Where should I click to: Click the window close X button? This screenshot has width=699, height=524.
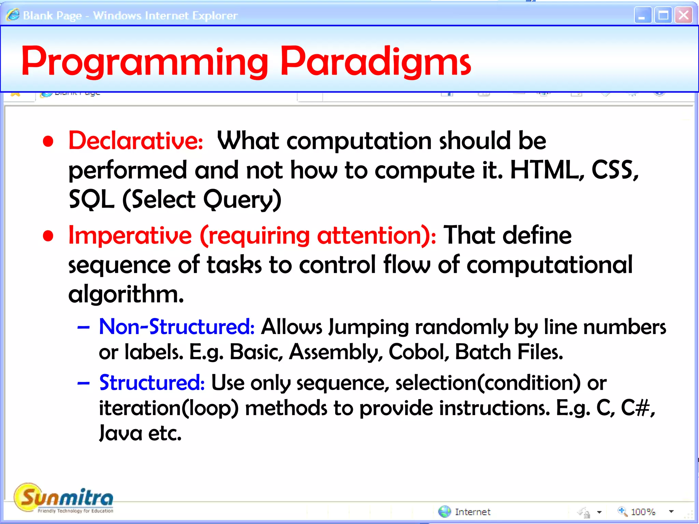683,15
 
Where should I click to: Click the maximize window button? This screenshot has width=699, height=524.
663,15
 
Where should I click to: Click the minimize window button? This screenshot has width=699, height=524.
643,15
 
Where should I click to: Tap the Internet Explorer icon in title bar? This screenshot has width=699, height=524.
13,15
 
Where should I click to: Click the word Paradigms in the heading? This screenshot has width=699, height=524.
375,62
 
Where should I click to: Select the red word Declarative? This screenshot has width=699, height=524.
135,141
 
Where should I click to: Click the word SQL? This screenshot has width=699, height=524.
91,200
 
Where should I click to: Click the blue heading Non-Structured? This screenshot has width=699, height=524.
176,327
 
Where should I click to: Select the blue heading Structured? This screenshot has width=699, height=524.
152,383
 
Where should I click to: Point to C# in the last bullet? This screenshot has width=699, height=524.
637,408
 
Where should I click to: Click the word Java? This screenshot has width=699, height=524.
120,433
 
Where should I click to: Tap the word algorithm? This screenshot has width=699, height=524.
126,294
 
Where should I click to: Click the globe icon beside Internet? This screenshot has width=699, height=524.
444,511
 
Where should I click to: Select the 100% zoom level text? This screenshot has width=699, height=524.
643,512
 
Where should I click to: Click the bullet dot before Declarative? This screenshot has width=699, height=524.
48,141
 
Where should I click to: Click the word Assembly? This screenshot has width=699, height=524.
336,352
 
